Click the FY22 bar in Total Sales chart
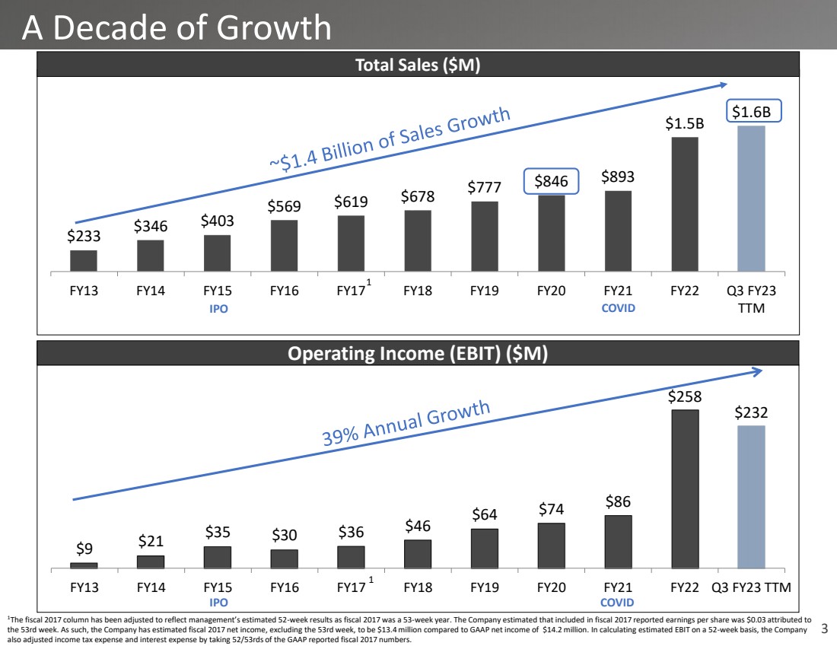(x=685, y=204)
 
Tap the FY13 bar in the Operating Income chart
(x=84, y=565)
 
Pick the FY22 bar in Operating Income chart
(x=685, y=488)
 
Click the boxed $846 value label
(x=552, y=181)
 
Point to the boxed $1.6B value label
(x=752, y=112)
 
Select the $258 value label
(x=685, y=396)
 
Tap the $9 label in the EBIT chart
(x=84, y=549)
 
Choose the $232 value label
(x=751, y=412)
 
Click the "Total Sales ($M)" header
(x=418, y=66)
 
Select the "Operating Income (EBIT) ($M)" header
(x=418, y=353)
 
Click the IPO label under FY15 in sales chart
(x=218, y=309)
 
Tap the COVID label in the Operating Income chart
(x=617, y=603)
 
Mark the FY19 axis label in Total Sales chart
(x=485, y=291)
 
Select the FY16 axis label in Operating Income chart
(x=285, y=587)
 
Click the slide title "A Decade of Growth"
(x=177, y=28)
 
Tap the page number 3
(x=825, y=629)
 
